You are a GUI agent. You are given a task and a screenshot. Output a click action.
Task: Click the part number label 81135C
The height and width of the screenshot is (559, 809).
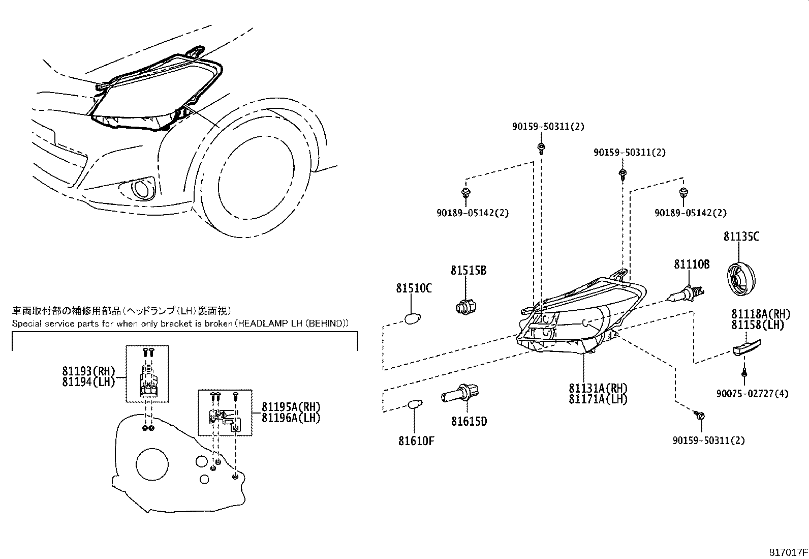(x=741, y=237)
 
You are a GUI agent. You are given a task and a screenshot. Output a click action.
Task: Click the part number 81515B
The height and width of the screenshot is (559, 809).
(x=468, y=271)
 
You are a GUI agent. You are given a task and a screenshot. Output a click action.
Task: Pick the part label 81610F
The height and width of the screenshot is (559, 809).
(x=416, y=440)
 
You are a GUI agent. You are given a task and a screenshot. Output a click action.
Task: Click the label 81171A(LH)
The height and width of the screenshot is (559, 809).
(x=598, y=399)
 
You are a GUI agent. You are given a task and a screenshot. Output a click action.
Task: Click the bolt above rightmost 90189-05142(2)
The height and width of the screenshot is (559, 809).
(x=683, y=192)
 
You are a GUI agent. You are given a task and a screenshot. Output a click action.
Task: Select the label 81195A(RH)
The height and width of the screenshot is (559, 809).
(x=291, y=407)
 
